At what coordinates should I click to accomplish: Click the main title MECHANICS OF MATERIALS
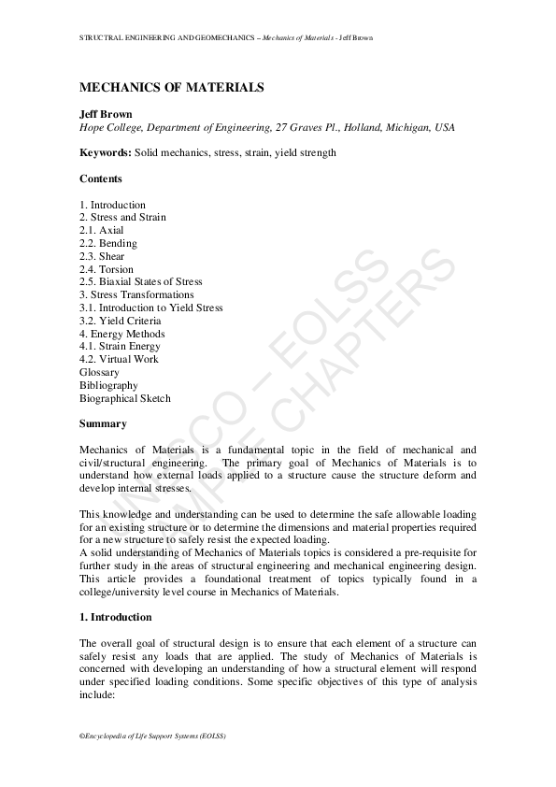tap(171, 88)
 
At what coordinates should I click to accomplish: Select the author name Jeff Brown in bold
tap(106, 113)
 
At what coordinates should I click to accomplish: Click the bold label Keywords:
tap(106, 152)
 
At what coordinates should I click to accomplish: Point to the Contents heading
tap(101, 179)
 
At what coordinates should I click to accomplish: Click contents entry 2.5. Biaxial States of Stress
tap(141, 281)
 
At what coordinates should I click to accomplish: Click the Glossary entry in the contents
tap(100, 372)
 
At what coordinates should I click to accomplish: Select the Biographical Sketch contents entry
tap(125, 398)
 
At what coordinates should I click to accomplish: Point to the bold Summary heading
tap(103, 423)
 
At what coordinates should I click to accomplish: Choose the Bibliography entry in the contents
tap(109, 385)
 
